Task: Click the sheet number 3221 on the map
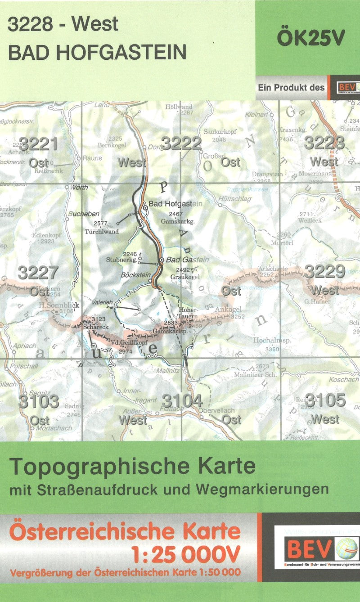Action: point(39,144)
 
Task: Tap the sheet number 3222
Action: point(181,143)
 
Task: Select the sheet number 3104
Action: point(182,400)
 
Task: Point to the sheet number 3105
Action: point(325,400)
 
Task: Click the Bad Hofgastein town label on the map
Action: point(175,204)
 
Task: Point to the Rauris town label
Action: point(93,158)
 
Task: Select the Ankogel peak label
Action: point(229,310)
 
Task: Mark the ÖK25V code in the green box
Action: point(310,39)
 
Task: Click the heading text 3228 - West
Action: point(63,24)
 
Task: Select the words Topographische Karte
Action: point(132,466)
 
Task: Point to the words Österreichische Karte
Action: point(125,532)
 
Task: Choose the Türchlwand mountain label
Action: point(102,231)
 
